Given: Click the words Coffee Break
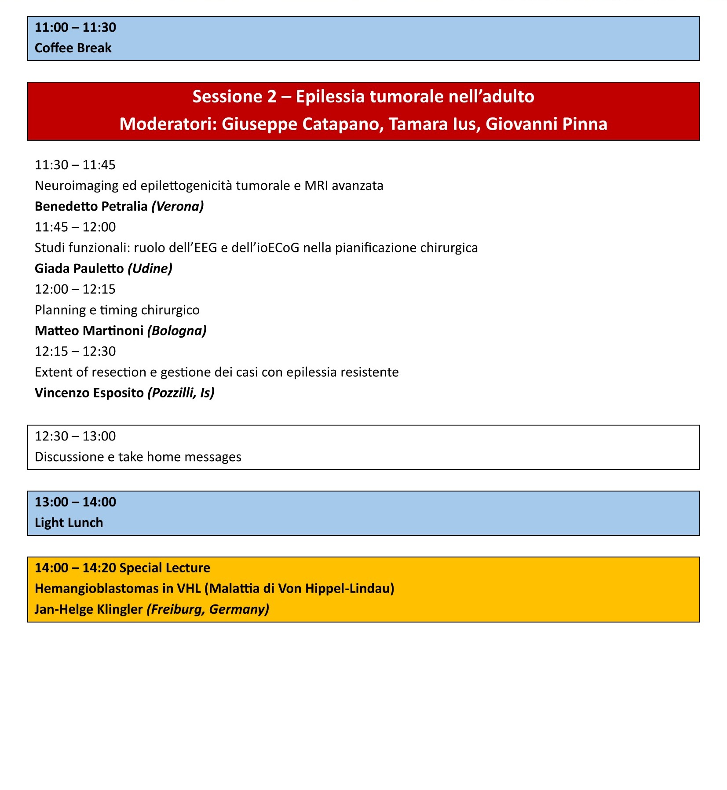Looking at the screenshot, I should point(73,48).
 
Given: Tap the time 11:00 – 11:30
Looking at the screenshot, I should point(75,27).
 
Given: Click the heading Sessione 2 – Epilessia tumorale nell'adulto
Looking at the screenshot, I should point(363,96).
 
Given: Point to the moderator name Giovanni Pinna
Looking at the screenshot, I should point(547,124).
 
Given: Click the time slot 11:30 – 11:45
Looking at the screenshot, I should point(75,165).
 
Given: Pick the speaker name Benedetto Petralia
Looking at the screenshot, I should point(91,206).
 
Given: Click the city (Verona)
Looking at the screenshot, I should point(178,206).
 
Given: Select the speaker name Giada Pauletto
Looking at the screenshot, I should point(79,268).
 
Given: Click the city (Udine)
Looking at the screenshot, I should point(150,268).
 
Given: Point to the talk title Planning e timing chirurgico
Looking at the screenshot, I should point(117,310).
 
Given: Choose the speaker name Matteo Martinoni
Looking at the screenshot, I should point(89,331).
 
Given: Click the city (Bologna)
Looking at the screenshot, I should point(177,331).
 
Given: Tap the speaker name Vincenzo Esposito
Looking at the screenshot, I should point(89,393).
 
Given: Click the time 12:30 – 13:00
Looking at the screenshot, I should point(75,436).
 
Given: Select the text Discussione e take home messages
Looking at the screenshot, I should point(138,457).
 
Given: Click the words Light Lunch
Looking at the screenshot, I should point(69,523).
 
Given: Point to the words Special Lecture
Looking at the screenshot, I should point(164,568).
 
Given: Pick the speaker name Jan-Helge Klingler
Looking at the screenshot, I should point(88,609).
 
